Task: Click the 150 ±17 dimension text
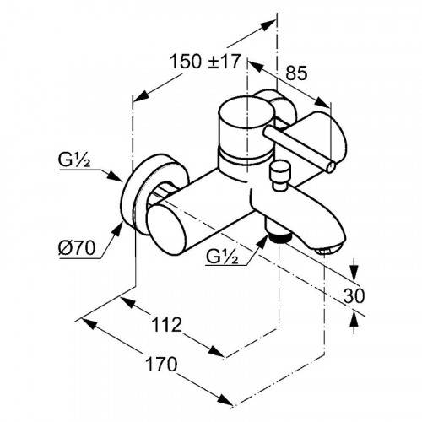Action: tap(205, 62)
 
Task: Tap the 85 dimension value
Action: tap(296, 73)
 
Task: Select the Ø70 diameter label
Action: tap(77, 248)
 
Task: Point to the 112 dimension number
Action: tap(166, 324)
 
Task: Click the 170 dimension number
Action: tap(161, 364)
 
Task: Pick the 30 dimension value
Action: tap(354, 295)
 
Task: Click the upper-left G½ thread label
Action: tap(74, 160)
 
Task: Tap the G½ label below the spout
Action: tap(222, 256)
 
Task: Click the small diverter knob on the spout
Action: tap(279, 176)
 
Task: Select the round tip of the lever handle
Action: tap(330, 167)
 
